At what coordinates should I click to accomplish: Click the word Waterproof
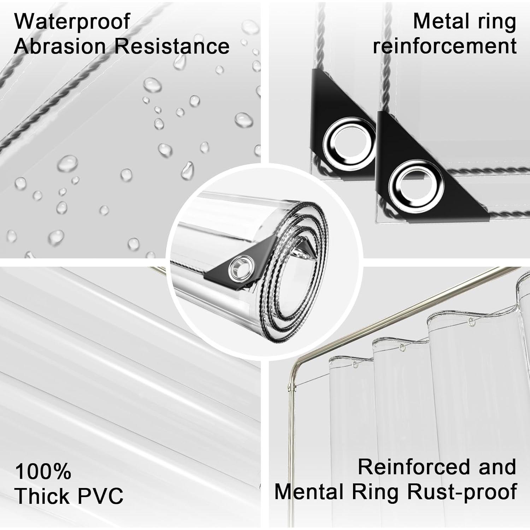point(72,22)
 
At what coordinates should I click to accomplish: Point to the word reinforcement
point(445,46)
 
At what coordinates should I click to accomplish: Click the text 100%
point(43,471)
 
